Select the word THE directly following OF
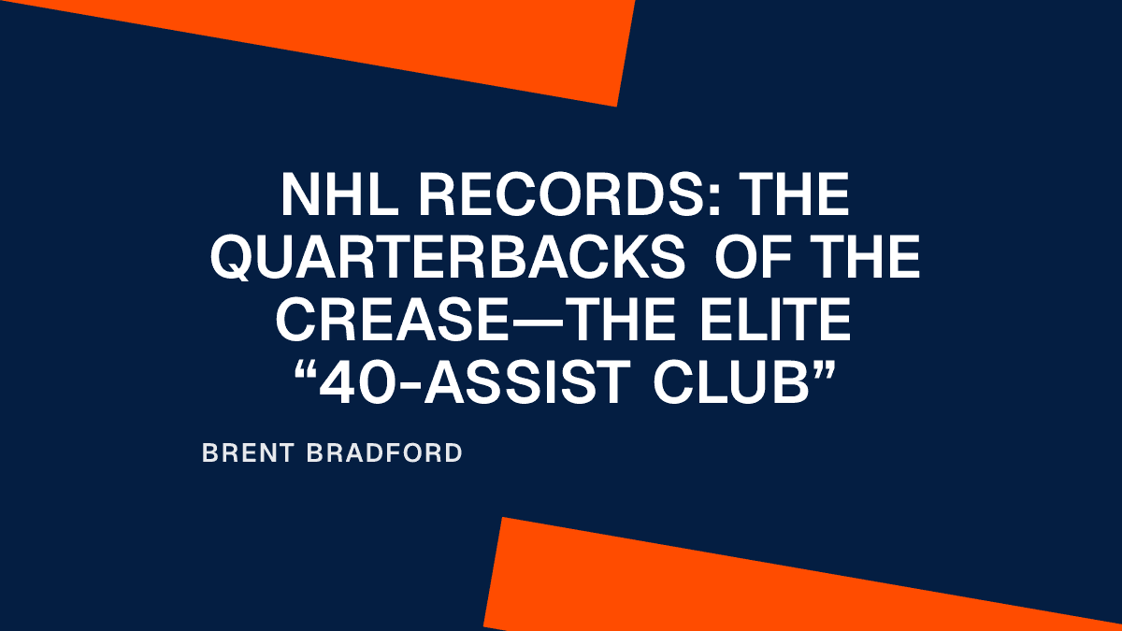point(859,257)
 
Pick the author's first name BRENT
point(249,454)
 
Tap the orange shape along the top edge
point(421,42)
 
